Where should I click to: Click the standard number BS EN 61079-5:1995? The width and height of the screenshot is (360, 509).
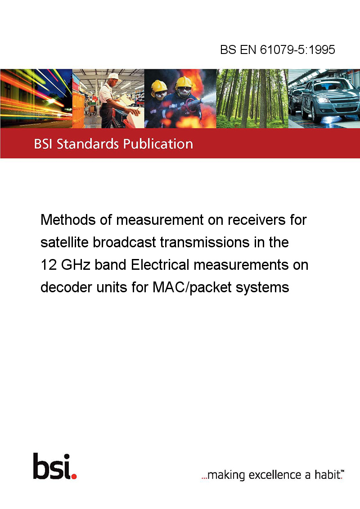point(278,49)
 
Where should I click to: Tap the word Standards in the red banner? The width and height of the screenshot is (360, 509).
point(88,144)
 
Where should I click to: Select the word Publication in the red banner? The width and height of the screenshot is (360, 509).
point(158,144)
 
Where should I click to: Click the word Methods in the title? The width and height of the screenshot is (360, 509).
point(68,220)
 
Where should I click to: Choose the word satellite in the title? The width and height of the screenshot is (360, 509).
point(64,242)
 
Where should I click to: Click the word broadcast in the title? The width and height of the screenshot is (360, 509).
point(125,242)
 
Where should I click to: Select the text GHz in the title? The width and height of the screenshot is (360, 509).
point(76,265)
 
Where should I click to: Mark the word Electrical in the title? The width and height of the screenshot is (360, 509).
point(160,265)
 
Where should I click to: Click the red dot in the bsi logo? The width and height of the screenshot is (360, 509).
point(74,476)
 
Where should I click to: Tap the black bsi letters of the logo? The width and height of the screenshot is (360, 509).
point(52,466)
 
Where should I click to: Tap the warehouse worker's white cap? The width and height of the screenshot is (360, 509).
point(114,76)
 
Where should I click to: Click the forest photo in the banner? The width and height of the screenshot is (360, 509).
point(252,98)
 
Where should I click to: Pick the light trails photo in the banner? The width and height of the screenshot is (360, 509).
point(36,98)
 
